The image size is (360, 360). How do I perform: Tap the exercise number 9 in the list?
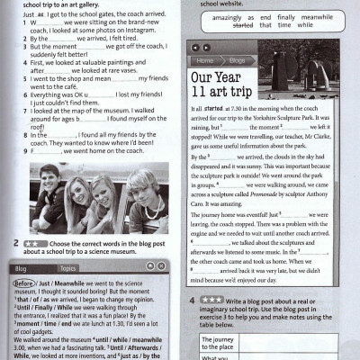click(32, 151)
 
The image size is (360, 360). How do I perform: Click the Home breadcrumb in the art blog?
click(203, 60)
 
